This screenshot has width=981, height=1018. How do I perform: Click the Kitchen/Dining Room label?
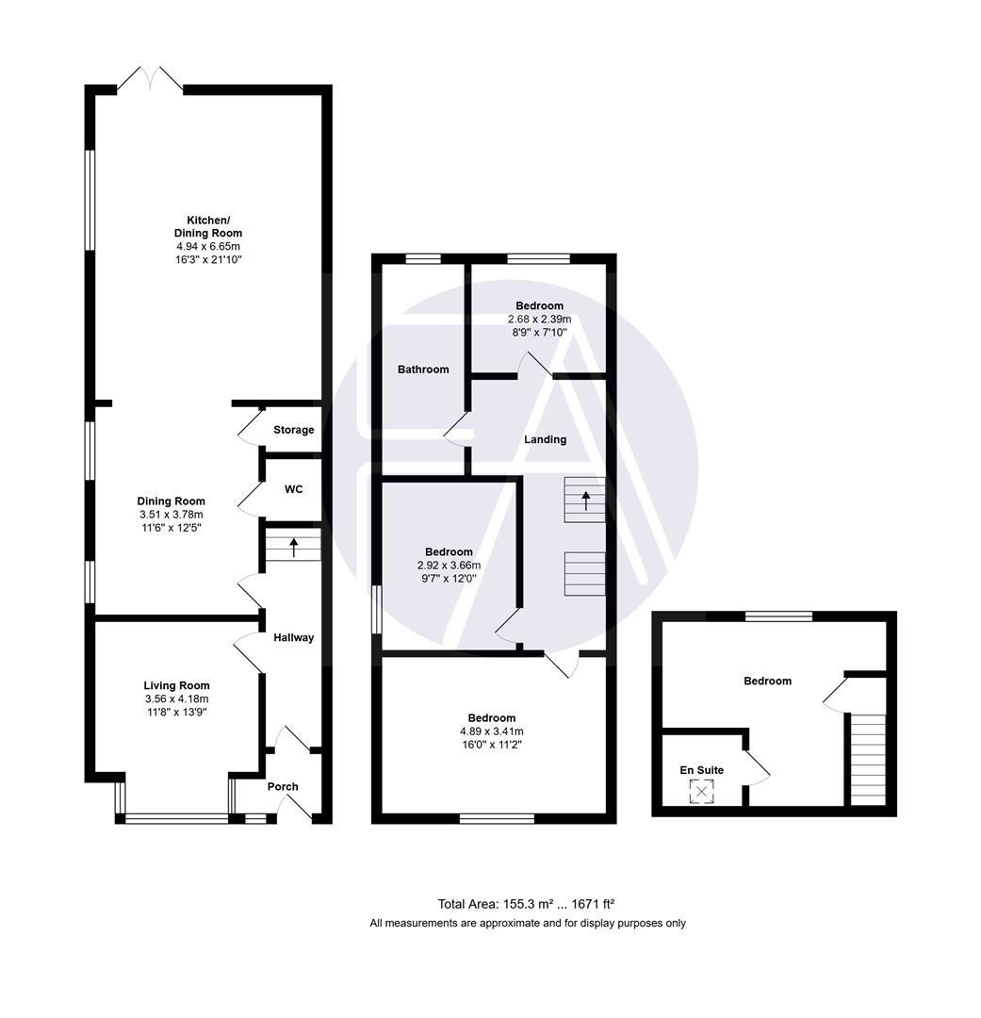(207, 226)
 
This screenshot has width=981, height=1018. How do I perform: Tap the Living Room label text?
(176, 685)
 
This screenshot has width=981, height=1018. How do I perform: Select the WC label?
(293, 490)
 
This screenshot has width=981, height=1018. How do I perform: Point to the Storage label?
(293, 430)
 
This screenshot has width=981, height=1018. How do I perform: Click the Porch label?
(283, 786)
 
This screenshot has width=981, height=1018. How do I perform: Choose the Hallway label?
(293, 637)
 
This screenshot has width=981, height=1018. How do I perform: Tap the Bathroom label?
(422, 369)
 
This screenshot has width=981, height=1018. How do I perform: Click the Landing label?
(545, 439)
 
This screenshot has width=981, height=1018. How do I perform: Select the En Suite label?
(702, 770)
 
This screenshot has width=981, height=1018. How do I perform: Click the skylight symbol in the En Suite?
(701, 793)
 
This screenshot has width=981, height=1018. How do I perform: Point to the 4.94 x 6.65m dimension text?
(207, 246)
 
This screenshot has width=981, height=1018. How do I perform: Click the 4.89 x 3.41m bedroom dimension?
(491, 731)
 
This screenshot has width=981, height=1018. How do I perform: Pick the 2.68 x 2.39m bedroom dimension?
(539, 320)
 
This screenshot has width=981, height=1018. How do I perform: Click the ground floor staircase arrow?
(293, 545)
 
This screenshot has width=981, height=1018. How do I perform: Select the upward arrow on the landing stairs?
(585, 499)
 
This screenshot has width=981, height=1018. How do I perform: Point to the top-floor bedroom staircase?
(868, 759)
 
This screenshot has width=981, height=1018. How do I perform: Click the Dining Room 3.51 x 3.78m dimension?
(171, 515)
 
